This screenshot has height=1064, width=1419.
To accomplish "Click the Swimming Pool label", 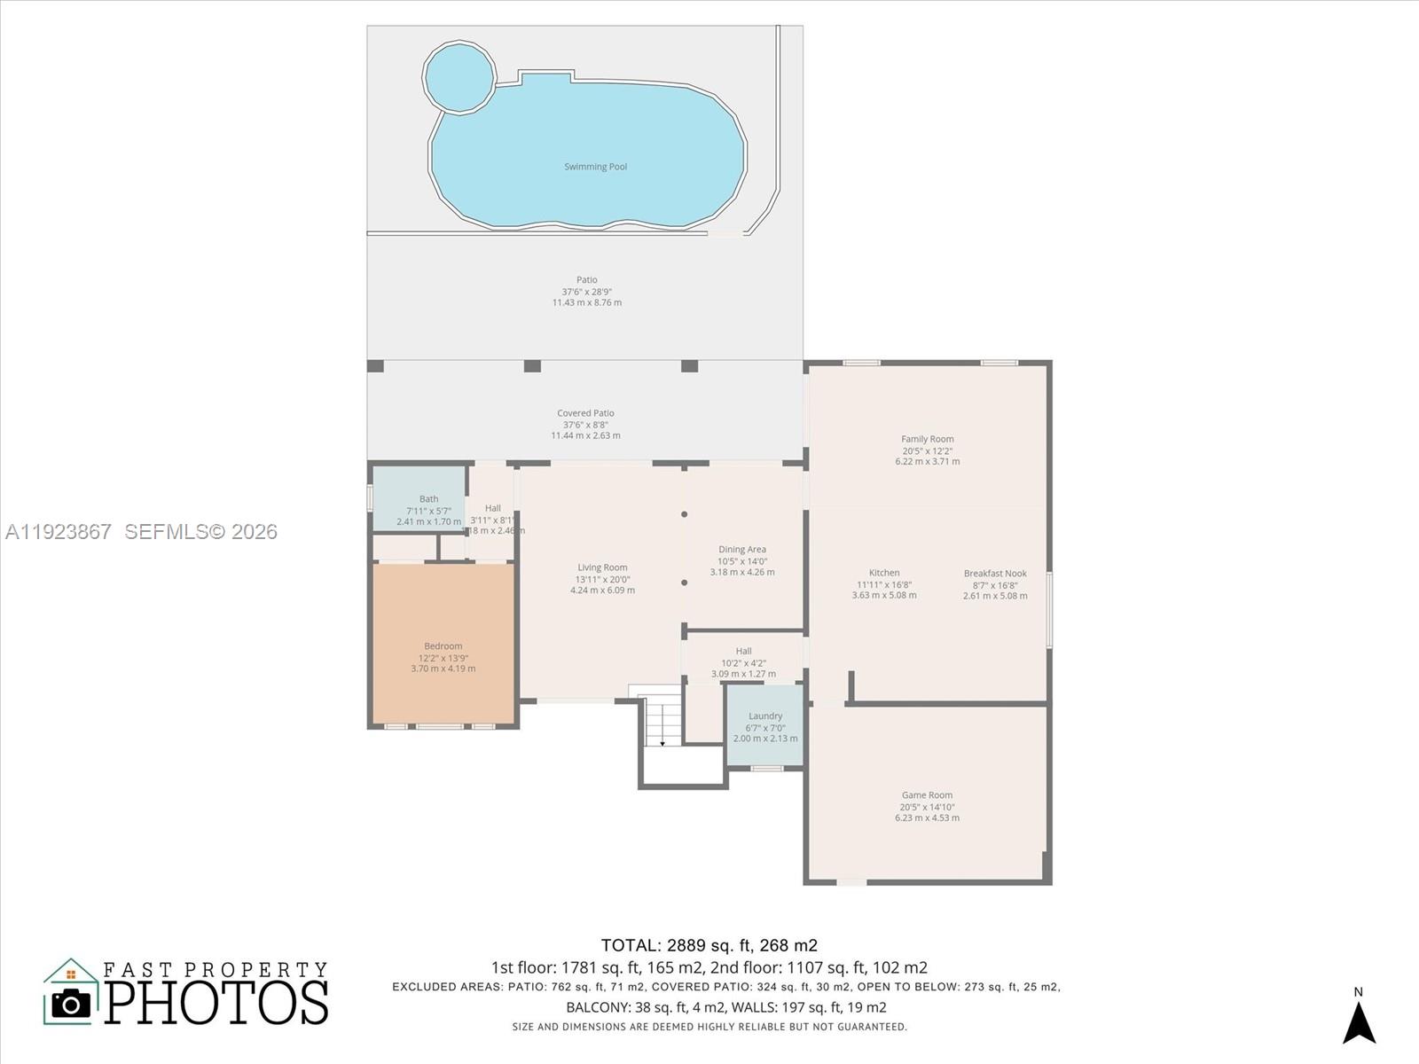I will [x=595, y=167].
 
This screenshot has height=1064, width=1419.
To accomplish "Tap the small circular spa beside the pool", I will [x=459, y=76].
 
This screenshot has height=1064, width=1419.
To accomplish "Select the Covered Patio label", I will [x=585, y=413].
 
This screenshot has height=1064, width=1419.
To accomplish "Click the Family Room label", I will [x=927, y=439].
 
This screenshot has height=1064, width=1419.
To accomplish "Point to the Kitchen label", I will [x=883, y=573].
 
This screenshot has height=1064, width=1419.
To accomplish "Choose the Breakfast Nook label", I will [x=995, y=574].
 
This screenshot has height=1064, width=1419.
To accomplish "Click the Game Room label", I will [x=927, y=795].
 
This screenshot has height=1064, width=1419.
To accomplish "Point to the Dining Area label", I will [x=741, y=550].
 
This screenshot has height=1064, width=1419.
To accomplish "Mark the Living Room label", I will [x=602, y=567].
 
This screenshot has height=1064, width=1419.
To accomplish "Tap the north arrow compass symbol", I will [x=1358, y=1020].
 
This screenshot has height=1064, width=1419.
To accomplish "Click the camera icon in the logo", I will [x=71, y=1003].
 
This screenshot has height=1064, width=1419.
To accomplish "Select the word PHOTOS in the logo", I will [x=217, y=1002].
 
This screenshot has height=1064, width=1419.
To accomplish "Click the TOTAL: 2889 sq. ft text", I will [x=709, y=945].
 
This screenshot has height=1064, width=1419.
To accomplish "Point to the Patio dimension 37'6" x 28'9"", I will [x=586, y=292].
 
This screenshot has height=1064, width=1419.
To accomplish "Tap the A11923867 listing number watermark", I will [x=59, y=531].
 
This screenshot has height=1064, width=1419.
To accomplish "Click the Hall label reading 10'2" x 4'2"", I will [x=743, y=662].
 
